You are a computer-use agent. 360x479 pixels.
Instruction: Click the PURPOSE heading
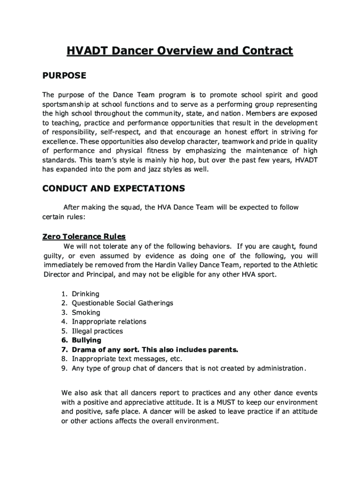click(x=64, y=75)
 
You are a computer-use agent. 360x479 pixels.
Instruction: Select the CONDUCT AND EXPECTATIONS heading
click(x=114, y=189)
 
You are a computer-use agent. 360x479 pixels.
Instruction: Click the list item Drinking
click(x=85, y=294)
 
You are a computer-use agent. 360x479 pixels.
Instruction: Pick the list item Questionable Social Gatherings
click(x=122, y=303)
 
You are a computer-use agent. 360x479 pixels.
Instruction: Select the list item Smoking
click(x=86, y=312)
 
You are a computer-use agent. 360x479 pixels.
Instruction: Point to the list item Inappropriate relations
click(x=109, y=322)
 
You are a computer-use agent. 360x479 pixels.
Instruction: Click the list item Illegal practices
click(x=97, y=331)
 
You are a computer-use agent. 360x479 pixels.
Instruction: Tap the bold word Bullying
click(x=86, y=341)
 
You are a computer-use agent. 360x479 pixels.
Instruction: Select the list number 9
click(x=63, y=369)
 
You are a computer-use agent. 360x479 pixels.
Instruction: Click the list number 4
click(x=63, y=322)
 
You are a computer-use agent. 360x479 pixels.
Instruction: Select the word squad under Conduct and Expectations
click(x=131, y=207)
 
